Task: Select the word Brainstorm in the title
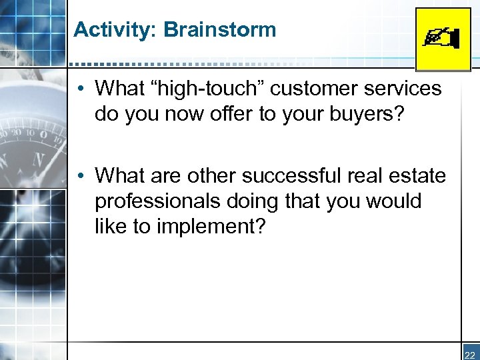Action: [x=220, y=30]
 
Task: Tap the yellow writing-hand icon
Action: [x=443, y=39]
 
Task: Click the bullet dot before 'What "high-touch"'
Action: [x=79, y=89]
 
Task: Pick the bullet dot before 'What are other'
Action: [x=79, y=177]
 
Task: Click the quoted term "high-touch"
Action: [x=220, y=89]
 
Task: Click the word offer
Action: [x=234, y=114]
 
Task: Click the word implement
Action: [x=211, y=227]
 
